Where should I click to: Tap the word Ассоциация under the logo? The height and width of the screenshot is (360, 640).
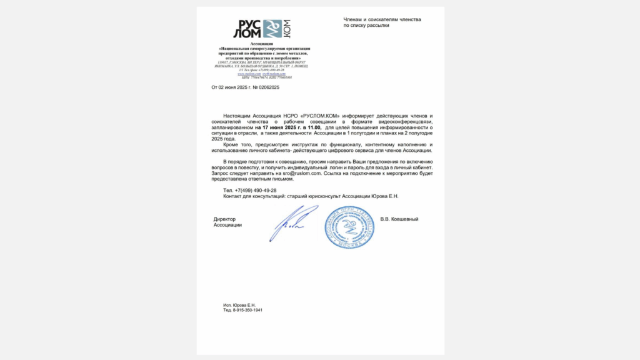click(x=264, y=44)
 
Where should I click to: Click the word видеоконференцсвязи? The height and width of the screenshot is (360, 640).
click(x=411, y=121)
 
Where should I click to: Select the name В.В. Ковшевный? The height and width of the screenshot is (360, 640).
click(x=399, y=219)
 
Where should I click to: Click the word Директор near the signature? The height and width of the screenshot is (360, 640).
click(x=224, y=219)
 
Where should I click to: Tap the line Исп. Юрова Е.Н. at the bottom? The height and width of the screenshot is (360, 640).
click(x=239, y=305)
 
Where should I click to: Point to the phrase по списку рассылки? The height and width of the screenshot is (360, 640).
click(x=367, y=26)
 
